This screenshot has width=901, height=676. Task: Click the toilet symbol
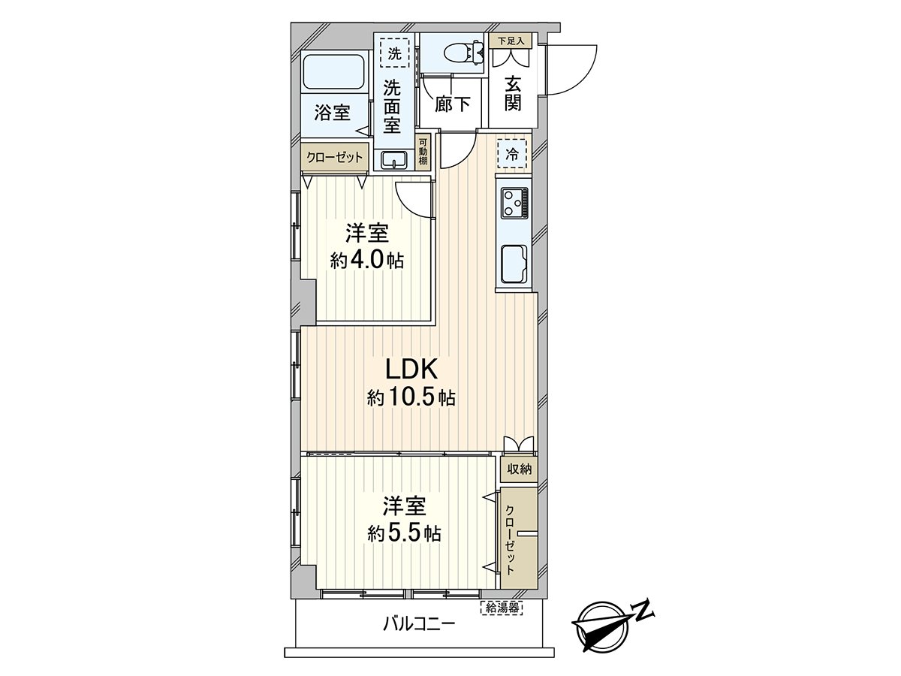(x=459, y=53)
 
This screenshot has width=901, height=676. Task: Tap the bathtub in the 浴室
(x=334, y=73)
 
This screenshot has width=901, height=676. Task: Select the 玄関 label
(x=513, y=92)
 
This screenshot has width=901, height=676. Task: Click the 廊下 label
(x=454, y=104)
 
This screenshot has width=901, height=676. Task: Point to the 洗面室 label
(x=392, y=107)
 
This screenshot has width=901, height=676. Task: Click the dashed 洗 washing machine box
(x=393, y=53)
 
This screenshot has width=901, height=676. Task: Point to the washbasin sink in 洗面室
(x=393, y=159)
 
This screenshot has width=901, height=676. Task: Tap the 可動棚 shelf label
(x=423, y=152)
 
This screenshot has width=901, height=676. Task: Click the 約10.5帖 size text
(x=411, y=397)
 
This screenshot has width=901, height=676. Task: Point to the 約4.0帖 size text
(x=367, y=260)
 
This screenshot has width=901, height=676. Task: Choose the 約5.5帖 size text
(x=404, y=533)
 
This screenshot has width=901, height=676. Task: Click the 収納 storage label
(x=519, y=469)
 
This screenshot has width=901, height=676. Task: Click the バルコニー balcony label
(x=418, y=623)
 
